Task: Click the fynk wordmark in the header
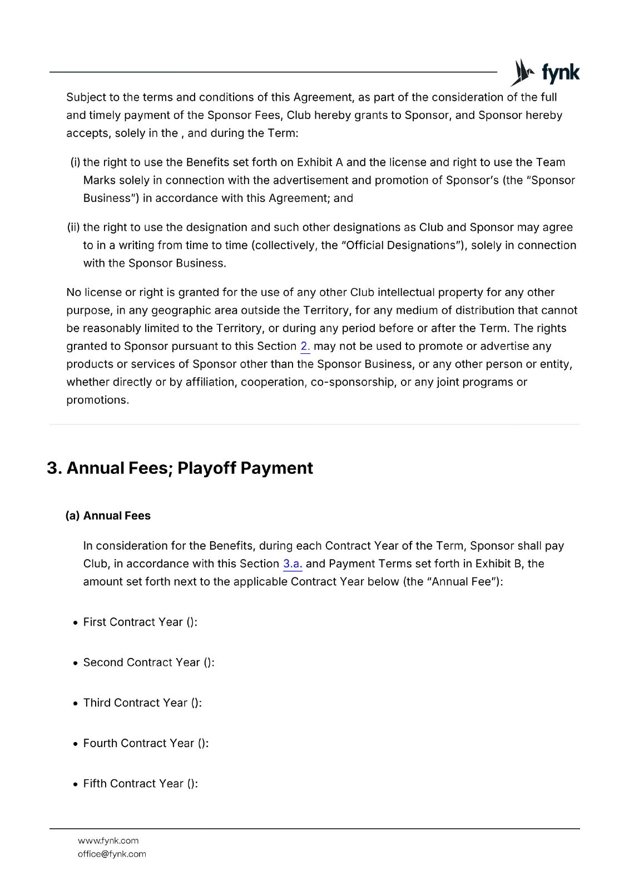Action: click(x=561, y=73)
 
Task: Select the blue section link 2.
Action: click(x=305, y=347)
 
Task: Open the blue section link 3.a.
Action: click(x=293, y=564)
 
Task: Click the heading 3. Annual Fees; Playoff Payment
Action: click(x=180, y=468)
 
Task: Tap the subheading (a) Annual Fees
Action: click(x=108, y=516)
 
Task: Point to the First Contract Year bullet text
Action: click(x=140, y=622)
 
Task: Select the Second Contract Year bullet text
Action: click(x=148, y=662)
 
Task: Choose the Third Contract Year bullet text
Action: click(x=142, y=703)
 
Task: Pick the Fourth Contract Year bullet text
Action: click(x=146, y=744)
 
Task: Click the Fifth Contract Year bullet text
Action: click(x=140, y=784)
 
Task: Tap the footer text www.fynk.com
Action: click(x=108, y=840)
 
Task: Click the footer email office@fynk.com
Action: click(x=112, y=854)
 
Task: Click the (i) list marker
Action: click(x=75, y=162)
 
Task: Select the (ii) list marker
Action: click(x=73, y=228)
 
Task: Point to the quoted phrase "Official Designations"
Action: click(x=400, y=245)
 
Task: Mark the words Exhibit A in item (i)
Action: click(x=319, y=162)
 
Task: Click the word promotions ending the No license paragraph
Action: click(x=97, y=400)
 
